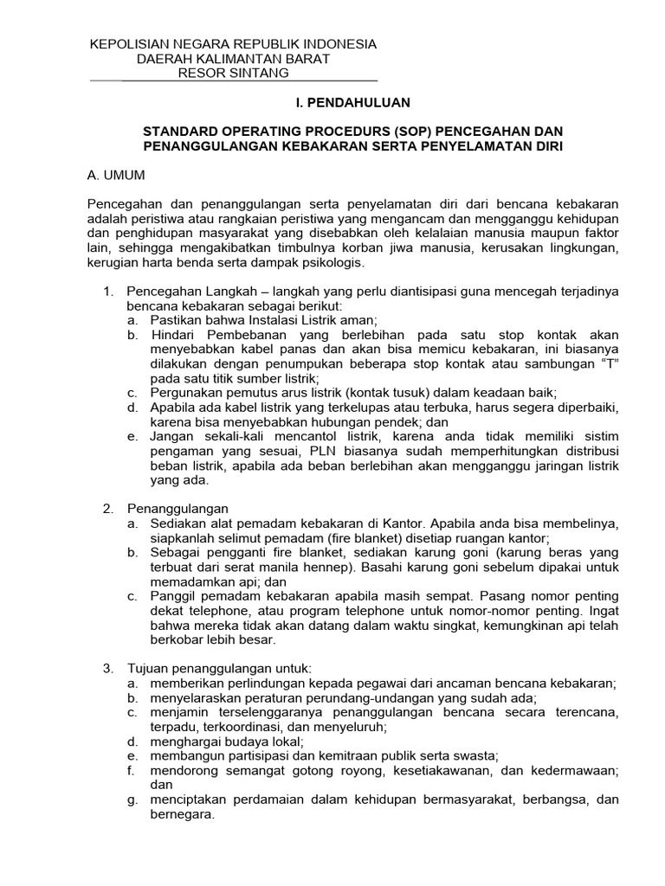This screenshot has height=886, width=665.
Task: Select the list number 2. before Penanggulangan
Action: (108, 508)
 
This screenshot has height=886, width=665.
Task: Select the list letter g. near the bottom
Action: (132, 800)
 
